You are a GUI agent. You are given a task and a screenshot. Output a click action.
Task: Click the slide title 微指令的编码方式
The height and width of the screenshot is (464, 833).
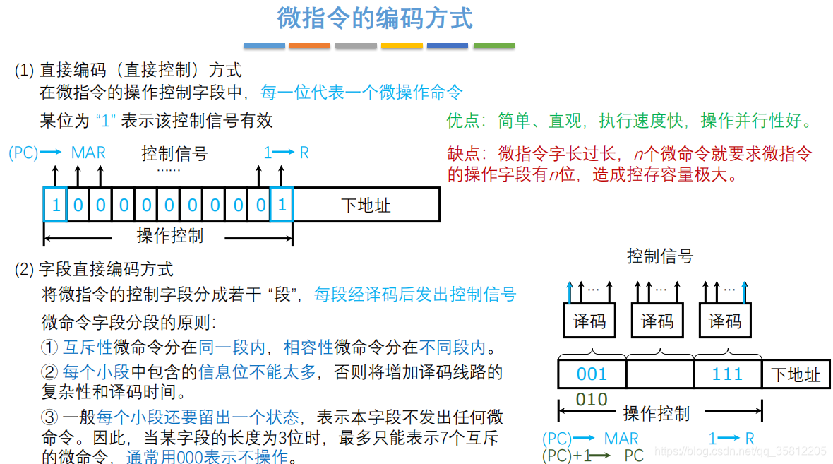point(374,18)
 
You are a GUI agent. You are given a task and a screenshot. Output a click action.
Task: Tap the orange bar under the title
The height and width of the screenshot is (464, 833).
point(309,46)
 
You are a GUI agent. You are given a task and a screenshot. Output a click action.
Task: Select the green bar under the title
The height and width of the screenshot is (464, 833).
point(493,46)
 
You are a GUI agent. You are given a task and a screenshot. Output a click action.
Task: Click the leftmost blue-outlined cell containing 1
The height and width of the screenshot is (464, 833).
point(55,205)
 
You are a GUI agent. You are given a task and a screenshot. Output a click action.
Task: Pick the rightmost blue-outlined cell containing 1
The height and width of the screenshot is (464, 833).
point(282,205)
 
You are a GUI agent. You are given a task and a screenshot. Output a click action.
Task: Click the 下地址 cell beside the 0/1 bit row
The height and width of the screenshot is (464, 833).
point(366,205)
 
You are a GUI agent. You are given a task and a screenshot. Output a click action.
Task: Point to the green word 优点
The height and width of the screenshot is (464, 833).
point(462,121)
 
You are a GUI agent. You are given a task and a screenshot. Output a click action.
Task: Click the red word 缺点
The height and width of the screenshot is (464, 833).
point(462,153)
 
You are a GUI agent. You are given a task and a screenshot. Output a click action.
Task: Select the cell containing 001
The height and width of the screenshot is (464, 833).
point(592,374)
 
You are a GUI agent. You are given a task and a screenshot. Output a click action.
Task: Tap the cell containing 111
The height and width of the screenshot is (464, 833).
point(727,374)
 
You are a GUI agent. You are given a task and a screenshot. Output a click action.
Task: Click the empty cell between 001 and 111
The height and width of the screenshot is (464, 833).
point(659,374)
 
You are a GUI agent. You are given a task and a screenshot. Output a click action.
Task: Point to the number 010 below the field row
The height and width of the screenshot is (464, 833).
point(592,400)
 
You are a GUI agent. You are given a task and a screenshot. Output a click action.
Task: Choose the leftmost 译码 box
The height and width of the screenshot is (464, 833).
point(589,321)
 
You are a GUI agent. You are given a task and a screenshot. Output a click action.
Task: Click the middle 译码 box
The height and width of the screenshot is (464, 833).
point(657,321)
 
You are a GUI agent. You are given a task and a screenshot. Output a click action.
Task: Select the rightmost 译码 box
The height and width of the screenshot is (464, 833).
point(725,321)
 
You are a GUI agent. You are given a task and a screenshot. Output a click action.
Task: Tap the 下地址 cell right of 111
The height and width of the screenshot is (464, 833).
point(796,374)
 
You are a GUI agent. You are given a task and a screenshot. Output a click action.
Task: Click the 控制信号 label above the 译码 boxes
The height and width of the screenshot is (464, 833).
point(660,256)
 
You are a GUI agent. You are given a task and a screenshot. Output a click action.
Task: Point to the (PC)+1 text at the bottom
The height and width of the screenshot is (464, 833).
point(566,456)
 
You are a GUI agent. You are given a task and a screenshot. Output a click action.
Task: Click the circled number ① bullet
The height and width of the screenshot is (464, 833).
point(49,347)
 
